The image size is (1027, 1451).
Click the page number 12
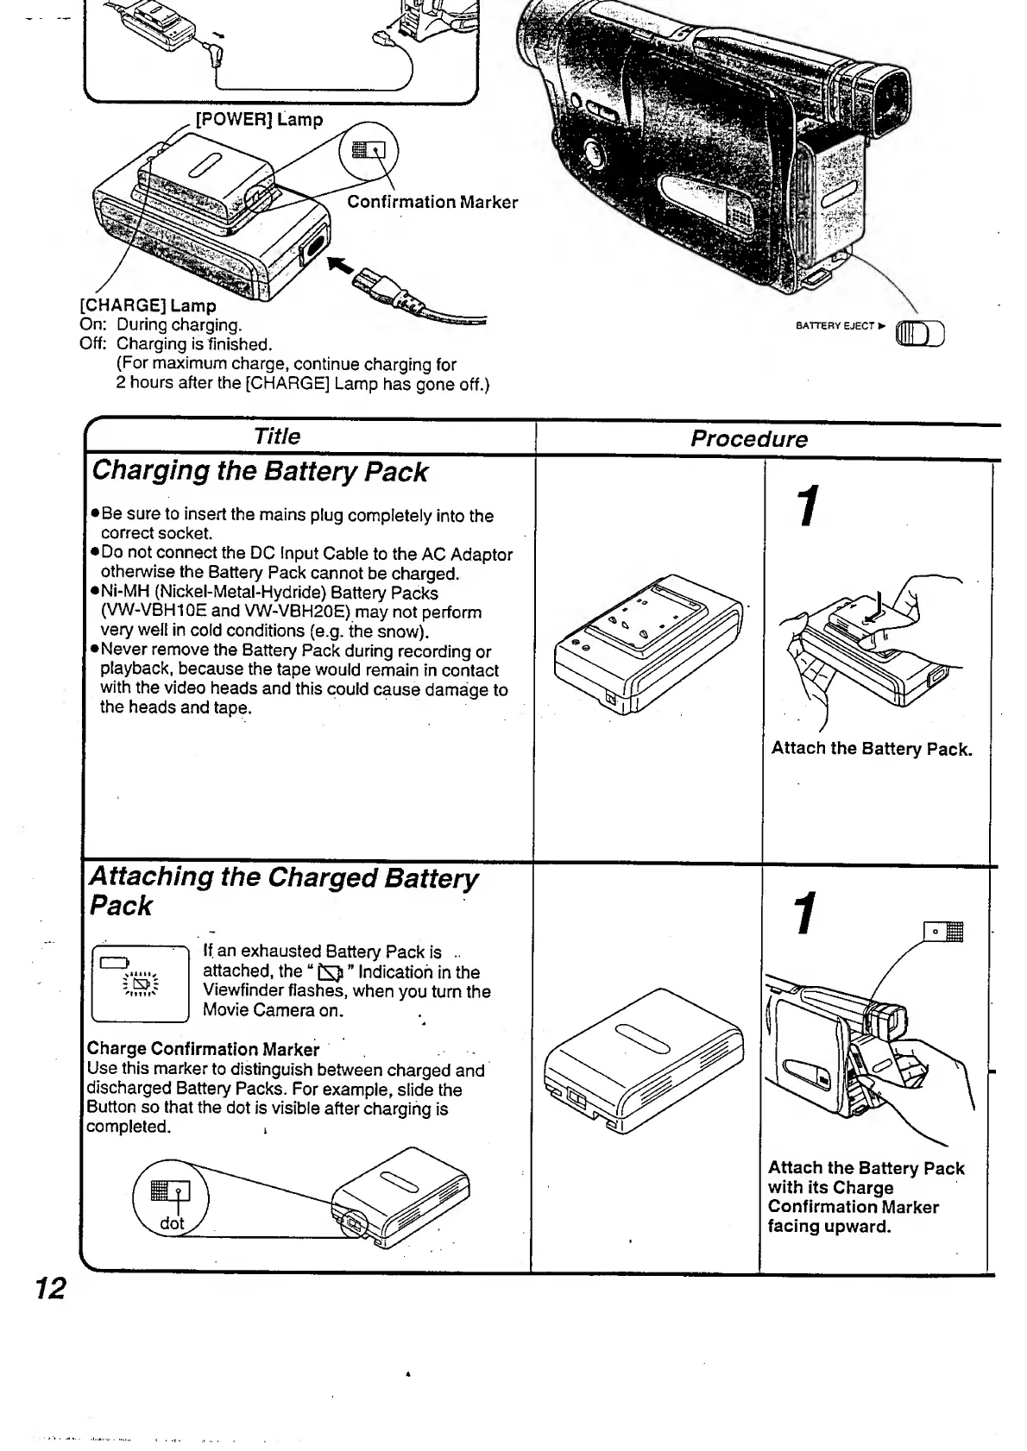tap(50, 1289)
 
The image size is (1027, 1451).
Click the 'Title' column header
tap(277, 437)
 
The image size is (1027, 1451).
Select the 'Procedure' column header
tap(748, 439)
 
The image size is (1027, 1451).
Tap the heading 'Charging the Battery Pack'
tap(259, 472)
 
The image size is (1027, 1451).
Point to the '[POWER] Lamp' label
tap(259, 120)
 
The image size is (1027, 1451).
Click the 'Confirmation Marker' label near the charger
tap(432, 203)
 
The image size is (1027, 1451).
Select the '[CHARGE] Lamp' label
tap(148, 305)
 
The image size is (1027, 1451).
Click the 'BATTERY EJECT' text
tap(835, 326)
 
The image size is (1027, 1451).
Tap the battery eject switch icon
tap(922, 333)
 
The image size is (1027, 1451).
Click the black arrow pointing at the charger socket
tap(344, 267)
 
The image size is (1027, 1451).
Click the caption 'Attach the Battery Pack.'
tap(872, 749)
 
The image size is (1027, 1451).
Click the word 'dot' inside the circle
tap(172, 1223)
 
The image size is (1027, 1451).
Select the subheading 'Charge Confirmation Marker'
tap(203, 1050)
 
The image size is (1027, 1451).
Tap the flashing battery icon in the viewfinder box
tap(142, 983)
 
